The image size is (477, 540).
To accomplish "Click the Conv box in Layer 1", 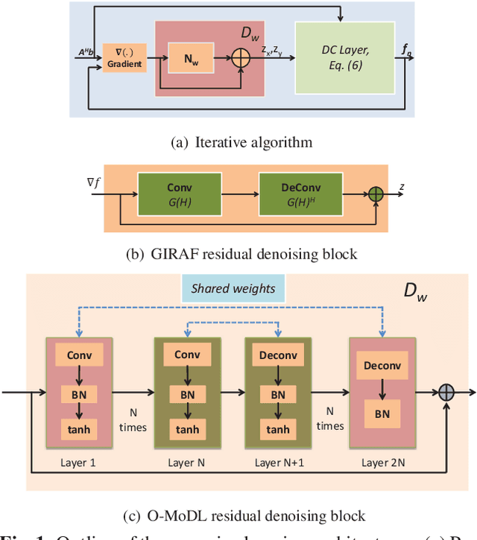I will pos(79,355).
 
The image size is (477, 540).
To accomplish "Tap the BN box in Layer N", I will pos(187,393).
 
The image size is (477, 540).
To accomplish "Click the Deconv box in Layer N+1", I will pos(278,355).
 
